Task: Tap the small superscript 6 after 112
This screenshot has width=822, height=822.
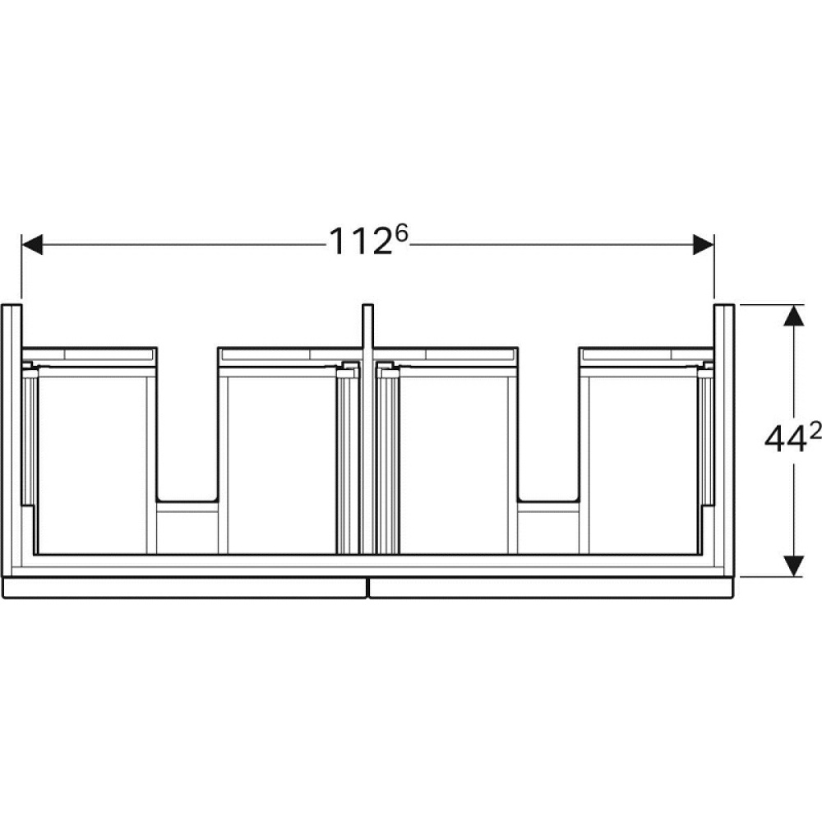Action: pos(402,234)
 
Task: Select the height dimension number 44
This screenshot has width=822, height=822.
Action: pos(785,441)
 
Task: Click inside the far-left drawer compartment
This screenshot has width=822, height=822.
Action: pos(92,460)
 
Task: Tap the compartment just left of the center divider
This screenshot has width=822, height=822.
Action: pos(279,460)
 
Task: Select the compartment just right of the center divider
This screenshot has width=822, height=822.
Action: pos(452,460)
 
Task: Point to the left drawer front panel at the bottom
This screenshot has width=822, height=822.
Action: pos(185,587)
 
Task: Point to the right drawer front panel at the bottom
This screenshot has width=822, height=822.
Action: pos(551,587)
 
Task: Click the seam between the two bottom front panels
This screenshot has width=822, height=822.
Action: pos(367,587)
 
